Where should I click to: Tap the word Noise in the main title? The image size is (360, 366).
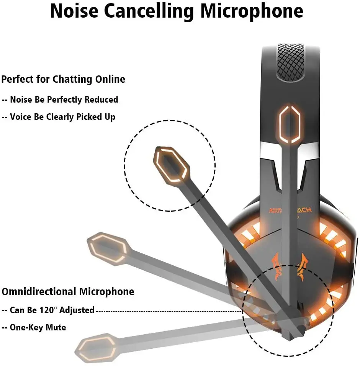74,11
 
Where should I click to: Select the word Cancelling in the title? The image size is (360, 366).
150,11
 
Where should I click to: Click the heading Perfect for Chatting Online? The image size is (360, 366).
63,79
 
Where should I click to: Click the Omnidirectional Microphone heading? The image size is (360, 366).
68,292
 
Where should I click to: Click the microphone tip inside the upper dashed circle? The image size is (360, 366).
172,165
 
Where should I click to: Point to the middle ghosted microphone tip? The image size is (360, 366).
107,248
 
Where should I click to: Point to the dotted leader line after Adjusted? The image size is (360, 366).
169,311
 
